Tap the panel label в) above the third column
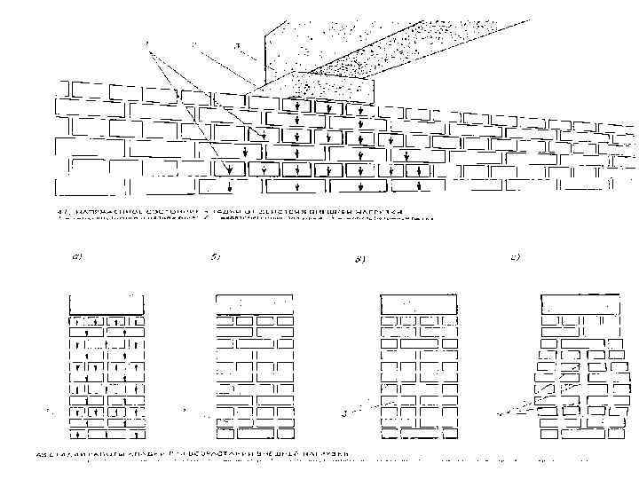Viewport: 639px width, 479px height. pyautogui.click(x=359, y=260)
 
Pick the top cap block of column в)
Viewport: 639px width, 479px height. pyautogui.click(x=417, y=302)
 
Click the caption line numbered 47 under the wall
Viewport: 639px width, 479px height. pyautogui.click(x=231, y=211)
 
